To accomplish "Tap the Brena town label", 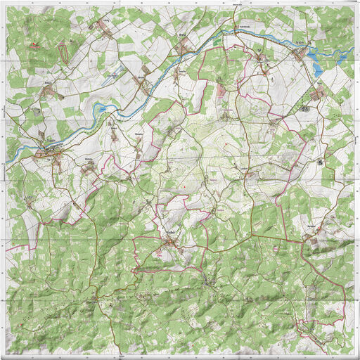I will [x=184, y=34].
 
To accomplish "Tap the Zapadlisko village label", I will [x=309, y=225].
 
